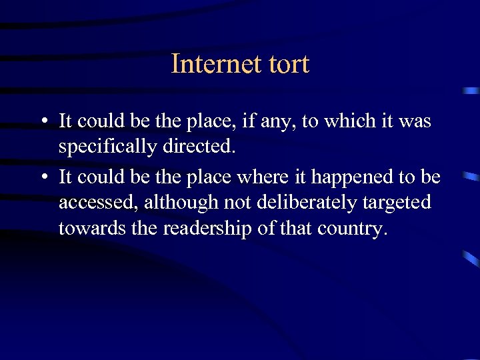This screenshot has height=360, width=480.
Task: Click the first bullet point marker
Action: (43, 122)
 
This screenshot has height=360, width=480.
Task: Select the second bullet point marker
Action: (43, 176)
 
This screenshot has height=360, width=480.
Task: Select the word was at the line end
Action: (417, 121)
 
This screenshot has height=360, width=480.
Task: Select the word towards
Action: (83, 229)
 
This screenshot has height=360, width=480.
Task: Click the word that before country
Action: (298, 229)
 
